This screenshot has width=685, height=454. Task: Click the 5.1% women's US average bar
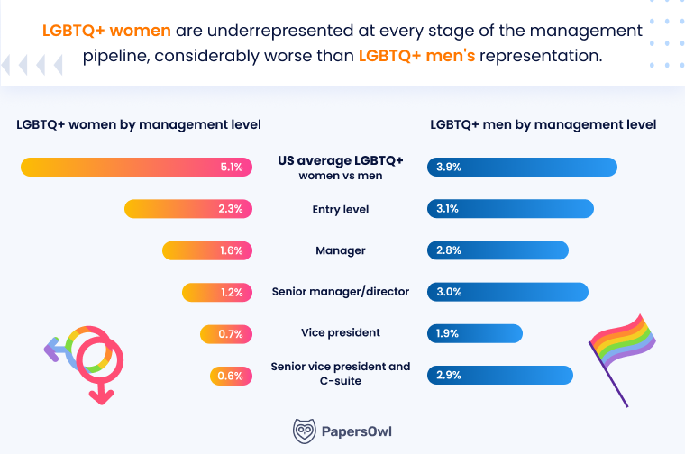(135, 167)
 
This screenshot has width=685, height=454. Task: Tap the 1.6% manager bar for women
(206, 250)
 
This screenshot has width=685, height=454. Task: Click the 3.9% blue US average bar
(522, 167)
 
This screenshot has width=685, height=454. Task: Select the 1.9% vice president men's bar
(475, 333)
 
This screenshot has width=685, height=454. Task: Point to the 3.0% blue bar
(507, 292)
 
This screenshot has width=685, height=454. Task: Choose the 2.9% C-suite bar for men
(500, 375)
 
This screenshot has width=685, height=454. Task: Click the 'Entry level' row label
(340, 209)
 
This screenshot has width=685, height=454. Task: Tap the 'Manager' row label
(340, 250)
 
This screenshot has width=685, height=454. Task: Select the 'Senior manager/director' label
(340, 292)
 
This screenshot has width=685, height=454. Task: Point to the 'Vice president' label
(340, 333)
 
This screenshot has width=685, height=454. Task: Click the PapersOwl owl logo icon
(306, 431)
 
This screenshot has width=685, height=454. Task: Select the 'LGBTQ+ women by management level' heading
(139, 124)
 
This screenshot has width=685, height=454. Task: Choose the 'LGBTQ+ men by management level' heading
(543, 124)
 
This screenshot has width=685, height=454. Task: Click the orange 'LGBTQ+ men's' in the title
(416, 55)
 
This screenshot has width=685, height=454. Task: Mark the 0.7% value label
(231, 334)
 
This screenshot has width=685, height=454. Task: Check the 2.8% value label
(448, 250)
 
